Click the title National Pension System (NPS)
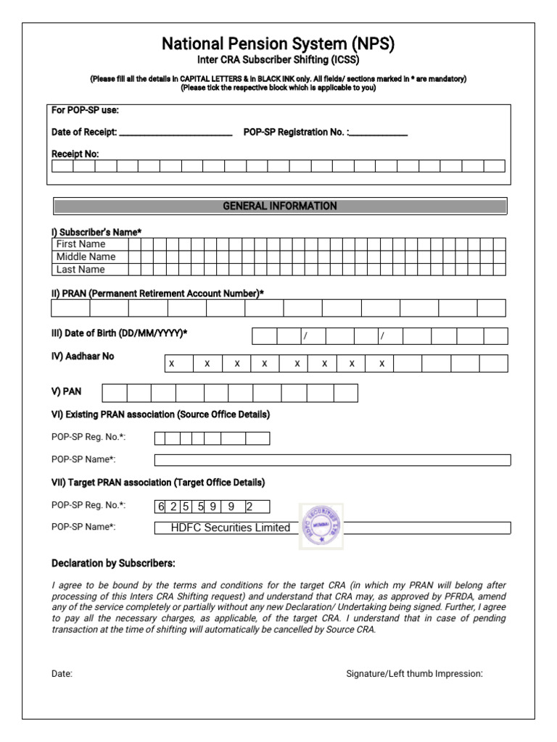pos(278,44)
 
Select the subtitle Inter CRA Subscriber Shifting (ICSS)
pos(278,60)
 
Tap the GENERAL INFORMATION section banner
pos(279,207)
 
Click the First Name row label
pos(81,244)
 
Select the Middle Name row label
pos(86,257)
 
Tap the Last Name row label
pos(81,270)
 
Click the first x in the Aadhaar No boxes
pos(172,364)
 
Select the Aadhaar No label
pos(83,357)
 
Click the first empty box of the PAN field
pos(114,393)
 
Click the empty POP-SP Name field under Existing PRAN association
pos(332,460)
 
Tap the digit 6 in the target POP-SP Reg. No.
pos(161,507)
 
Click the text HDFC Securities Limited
pos(230,528)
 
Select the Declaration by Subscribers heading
pos(113,564)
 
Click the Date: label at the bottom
pos(62,674)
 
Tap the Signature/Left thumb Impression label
pos(414,674)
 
